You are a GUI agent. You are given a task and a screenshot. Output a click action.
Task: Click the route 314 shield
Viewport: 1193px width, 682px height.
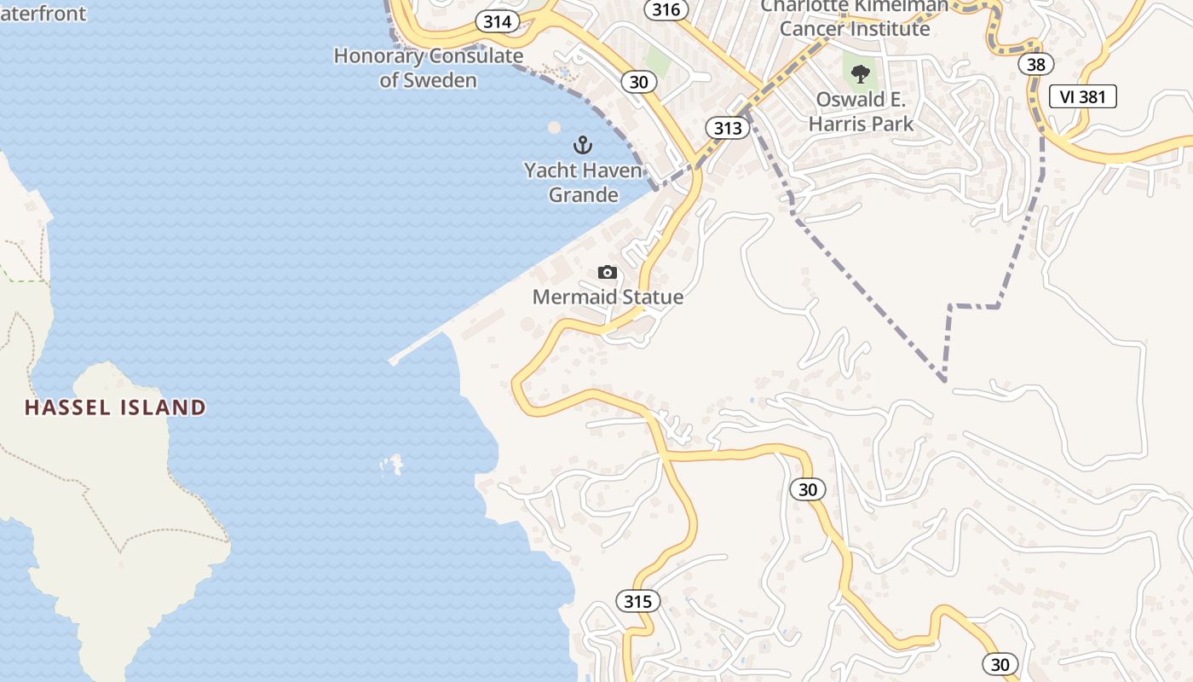tap(497, 21)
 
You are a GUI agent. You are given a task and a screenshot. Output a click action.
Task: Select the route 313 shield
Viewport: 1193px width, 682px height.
tap(727, 128)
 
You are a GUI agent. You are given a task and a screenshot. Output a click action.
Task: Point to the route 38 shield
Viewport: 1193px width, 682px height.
tap(1035, 64)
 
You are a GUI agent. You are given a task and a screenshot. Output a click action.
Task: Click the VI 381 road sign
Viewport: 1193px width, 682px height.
tap(1082, 96)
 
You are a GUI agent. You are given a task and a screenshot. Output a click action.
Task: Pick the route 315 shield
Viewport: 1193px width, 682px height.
tap(637, 601)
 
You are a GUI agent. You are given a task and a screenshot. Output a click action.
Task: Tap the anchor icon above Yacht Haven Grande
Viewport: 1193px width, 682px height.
tap(583, 144)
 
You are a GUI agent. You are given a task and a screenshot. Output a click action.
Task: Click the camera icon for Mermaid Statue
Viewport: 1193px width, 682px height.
tap(607, 273)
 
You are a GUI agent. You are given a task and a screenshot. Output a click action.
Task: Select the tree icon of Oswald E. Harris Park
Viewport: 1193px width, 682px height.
tap(861, 73)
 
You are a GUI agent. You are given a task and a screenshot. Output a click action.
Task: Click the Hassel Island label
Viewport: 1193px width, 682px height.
tap(115, 407)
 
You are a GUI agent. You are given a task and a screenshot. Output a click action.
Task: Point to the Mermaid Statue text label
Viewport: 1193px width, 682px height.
tap(608, 297)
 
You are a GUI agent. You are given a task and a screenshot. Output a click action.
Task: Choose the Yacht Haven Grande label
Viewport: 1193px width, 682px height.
tap(583, 182)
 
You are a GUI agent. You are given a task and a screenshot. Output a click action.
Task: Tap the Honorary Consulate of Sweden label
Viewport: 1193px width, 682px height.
tap(428, 68)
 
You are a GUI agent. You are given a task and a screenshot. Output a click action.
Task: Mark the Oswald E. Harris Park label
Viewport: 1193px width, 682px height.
tap(861, 112)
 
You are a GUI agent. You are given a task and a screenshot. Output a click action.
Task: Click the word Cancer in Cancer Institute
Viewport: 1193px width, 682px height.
tap(813, 28)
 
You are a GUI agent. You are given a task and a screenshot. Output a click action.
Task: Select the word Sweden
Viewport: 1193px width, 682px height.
tap(440, 80)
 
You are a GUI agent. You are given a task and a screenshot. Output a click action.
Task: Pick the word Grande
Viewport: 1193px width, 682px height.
tap(583, 194)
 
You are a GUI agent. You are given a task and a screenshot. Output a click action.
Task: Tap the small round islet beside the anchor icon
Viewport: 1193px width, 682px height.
tap(554, 127)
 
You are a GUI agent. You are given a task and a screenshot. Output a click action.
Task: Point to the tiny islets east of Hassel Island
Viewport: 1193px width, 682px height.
tap(393, 465)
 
